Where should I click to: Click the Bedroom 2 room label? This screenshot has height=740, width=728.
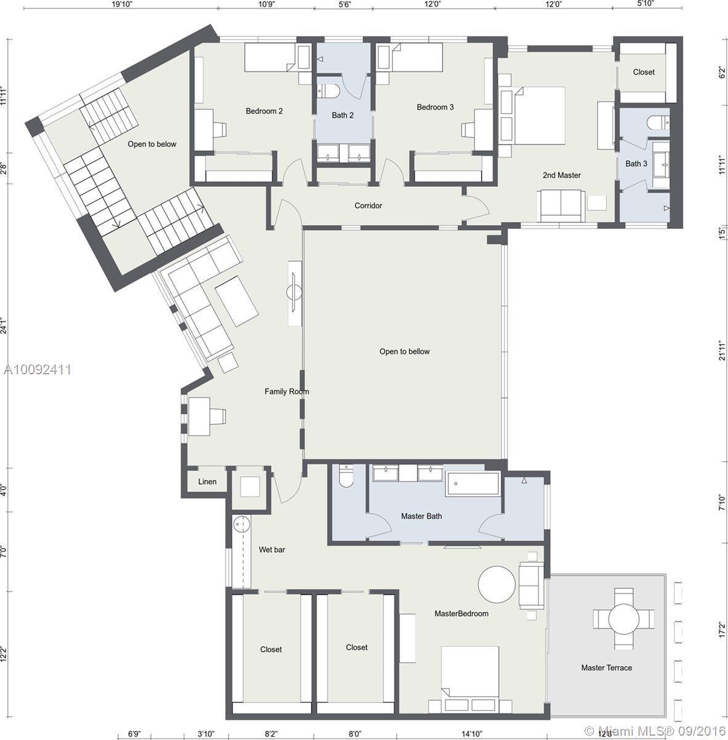264,111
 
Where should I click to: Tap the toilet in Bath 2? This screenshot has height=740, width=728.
329,91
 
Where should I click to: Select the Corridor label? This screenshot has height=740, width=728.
368,205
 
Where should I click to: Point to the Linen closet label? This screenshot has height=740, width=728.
207,482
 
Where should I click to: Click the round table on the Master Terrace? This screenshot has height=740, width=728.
624,619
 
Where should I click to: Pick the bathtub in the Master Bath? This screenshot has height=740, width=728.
473,483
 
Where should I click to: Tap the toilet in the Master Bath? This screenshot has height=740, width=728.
346,476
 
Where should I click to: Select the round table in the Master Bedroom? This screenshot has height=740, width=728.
496,585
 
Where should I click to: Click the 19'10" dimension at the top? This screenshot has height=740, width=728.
122,4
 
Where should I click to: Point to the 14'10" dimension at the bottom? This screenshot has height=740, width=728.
471,734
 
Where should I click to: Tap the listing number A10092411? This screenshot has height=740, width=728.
37,369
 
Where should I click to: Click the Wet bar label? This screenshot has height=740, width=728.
272,549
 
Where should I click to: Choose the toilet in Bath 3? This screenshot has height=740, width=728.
658,123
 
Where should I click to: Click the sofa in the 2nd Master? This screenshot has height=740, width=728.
560,206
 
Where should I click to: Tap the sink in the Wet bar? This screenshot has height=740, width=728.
241,524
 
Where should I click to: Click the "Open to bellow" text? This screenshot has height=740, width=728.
404,351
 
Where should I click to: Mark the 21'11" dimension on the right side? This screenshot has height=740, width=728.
722,350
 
